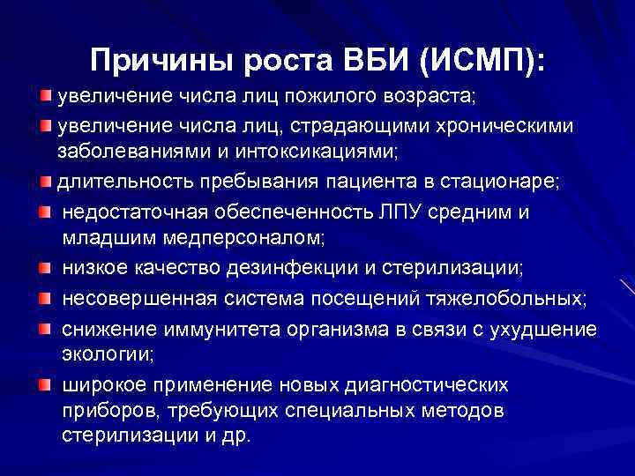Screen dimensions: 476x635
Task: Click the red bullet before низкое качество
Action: click(x=44, y=266)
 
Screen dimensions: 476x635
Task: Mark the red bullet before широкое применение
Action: click(x=44, y=383)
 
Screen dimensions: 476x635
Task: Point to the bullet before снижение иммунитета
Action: click(x=44, y=328)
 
